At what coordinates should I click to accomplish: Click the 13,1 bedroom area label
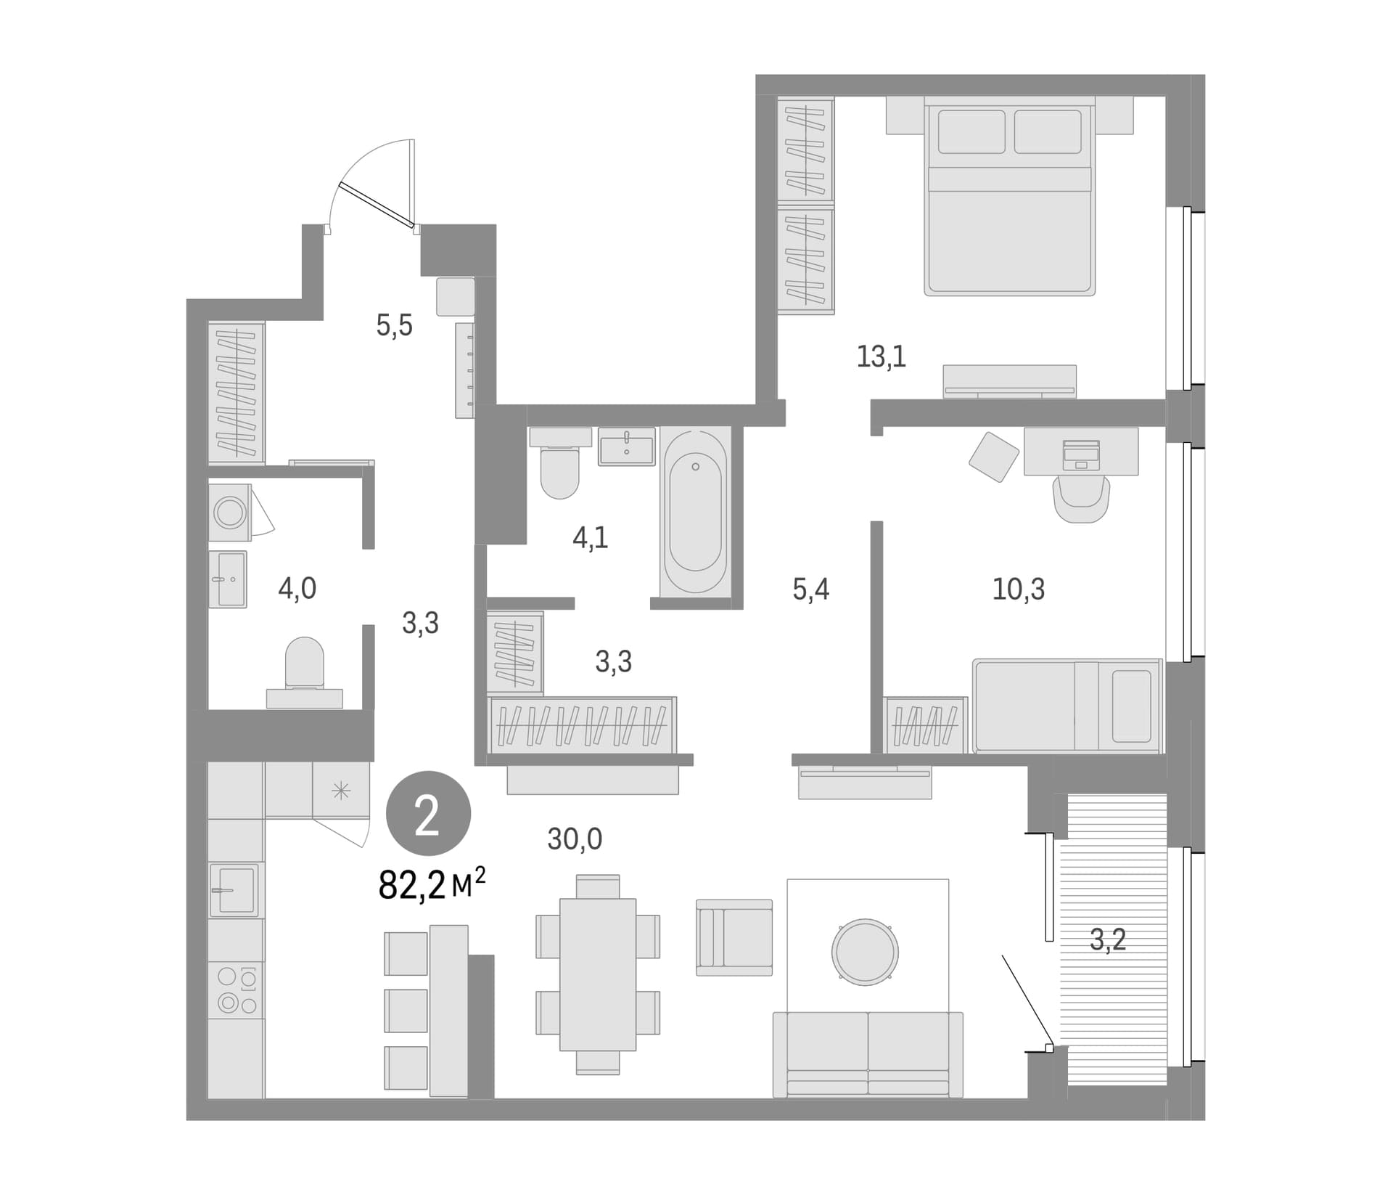(x=882, y=357)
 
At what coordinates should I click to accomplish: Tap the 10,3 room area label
(x=1019, y=590)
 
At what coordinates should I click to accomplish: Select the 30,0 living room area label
(x=575, y=839)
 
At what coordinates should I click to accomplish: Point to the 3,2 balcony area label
(x=1108, y=940)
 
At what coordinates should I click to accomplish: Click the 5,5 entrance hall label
(x=394, y=326)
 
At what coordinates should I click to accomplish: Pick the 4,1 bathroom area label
(x=591, y=538)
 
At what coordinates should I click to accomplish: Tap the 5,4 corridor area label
(x=810, y=590)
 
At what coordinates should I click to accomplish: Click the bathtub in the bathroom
(x=695, y=513)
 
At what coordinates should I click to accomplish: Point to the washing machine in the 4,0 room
(x=230, y=513)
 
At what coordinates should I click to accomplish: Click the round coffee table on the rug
(x=865, y=952)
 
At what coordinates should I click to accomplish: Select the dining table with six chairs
(x=598, y=974)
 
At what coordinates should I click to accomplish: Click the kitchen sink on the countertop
(x=234, y=889)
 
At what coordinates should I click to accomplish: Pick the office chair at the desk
(x=1081, y=499)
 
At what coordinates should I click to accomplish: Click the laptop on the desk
(x=1081, y=455)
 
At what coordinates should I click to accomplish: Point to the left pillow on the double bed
(x=971, y=131)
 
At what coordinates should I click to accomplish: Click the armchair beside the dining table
(x=734, y=937)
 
